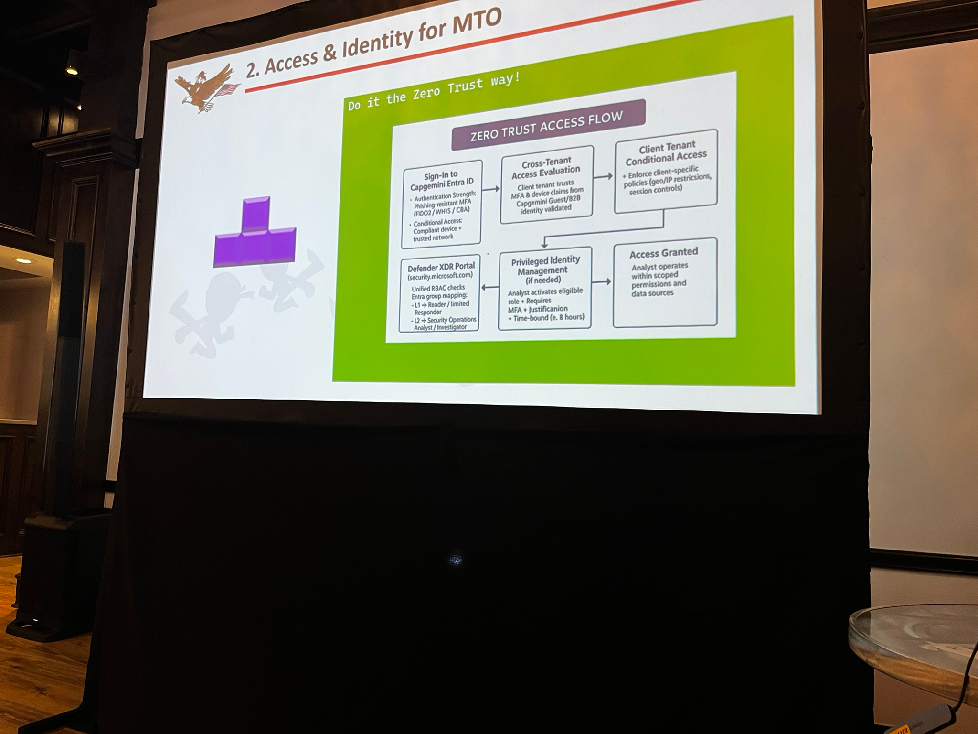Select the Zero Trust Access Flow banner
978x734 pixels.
pos(548,125)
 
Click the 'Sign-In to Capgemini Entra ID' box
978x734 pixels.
pos(442,205)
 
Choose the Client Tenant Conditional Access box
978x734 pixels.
pos(666,171)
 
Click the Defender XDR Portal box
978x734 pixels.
pos(439,295)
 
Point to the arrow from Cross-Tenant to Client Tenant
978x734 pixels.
pos(604,176)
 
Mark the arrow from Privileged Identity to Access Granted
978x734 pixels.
pos(602,282)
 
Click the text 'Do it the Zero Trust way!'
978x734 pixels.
pos(434,93)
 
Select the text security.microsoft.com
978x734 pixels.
pos(440,276)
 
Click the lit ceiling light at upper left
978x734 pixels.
pos(72,70)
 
